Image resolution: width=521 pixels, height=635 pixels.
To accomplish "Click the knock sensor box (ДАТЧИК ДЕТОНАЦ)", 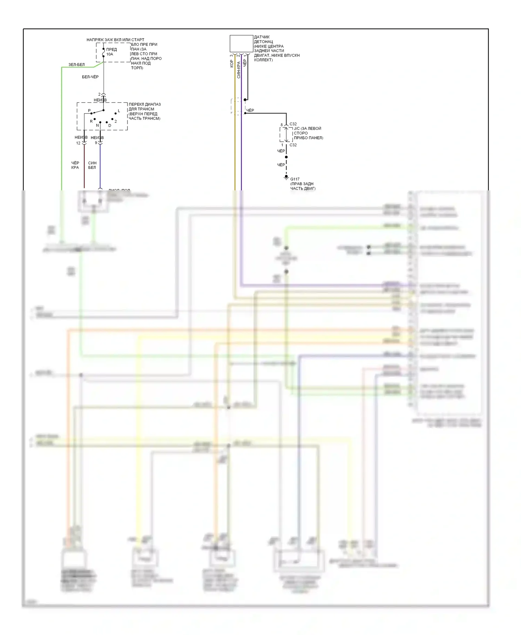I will [x=241, y=43].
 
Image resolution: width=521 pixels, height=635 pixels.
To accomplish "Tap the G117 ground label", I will [x=295, y=179].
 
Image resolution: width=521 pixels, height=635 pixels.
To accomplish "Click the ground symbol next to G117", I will [x=286, y=178].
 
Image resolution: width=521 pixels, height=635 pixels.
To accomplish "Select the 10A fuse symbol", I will [x=104, y=52].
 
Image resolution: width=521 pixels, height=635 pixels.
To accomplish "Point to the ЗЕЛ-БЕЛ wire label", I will [x=76, y=65].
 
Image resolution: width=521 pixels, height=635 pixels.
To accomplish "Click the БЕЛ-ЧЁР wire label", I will [x=90, y=77].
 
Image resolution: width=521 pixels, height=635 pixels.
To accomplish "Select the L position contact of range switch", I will [x=116, y=113].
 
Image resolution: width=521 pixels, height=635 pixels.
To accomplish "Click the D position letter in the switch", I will [x=110, y=125].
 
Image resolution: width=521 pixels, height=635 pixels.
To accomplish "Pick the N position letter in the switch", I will [x=97, y=125].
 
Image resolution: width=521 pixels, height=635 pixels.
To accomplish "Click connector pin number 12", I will [x=78, y=143].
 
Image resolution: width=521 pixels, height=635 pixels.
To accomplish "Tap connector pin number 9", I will [x=96, y=143].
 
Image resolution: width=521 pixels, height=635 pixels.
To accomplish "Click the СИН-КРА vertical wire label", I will [x=239, y=69].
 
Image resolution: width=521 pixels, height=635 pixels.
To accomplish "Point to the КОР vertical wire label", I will [x=232, y=63].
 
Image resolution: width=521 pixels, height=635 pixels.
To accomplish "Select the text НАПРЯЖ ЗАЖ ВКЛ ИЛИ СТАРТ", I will [x=115, y=40].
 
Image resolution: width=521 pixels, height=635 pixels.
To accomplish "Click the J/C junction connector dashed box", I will [x=286, y=134].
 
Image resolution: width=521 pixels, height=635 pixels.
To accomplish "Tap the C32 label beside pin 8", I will [x=293, y=124].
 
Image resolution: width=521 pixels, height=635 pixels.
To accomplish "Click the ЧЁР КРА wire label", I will [x=75, y=165].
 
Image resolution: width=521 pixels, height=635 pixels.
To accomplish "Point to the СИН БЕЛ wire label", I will [x=92, y=165].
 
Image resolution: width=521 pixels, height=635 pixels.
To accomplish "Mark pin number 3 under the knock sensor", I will [x=232, y=56].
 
